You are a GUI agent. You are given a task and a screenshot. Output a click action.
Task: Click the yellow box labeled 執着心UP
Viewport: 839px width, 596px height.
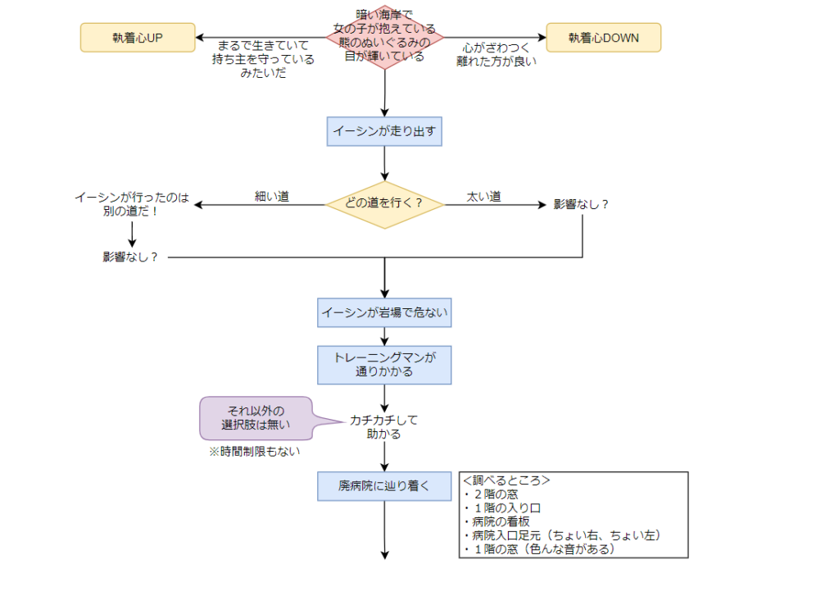(138, 38)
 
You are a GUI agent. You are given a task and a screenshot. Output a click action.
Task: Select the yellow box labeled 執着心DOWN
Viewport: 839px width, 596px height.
(603, 38)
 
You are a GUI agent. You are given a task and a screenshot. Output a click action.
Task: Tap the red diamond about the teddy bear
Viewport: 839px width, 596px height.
(385, 37)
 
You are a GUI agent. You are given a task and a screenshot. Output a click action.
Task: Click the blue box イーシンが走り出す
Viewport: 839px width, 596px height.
(384, 130)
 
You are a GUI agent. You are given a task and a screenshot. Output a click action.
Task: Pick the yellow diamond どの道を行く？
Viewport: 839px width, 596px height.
(384, 204)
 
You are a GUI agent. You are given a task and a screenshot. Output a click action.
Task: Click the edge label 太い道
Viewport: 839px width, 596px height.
(483, 196)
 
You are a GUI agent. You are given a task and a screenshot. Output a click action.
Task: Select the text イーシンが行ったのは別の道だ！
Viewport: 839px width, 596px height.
(132, 204)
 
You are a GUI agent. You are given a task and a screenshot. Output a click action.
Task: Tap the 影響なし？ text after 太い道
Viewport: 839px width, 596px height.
(582, 204)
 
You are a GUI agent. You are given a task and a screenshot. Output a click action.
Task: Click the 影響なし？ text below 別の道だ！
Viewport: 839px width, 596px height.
(131, 257)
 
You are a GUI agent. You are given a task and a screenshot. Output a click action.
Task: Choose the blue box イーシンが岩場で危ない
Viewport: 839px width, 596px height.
(384, 312)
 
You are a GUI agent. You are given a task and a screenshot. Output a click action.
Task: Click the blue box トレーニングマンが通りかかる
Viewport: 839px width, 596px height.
(384, 365)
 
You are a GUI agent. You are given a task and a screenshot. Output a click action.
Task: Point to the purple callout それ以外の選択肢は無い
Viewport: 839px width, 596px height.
(256, 417)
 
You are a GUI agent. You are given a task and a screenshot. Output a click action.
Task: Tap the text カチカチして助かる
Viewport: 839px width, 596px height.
(384, 426)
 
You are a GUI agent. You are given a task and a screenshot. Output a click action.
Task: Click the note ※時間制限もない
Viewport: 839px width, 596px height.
(253, 451)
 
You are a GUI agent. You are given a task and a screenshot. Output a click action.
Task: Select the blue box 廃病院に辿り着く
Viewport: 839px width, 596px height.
(384, 485)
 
